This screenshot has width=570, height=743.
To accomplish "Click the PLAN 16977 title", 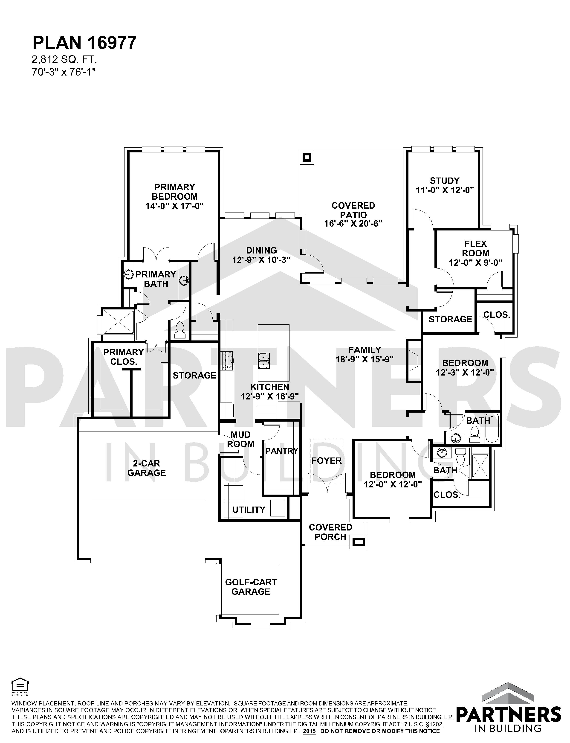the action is (84, 43).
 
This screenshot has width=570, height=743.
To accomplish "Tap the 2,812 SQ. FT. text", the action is (64, 60).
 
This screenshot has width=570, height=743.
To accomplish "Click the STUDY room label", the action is (444, 181).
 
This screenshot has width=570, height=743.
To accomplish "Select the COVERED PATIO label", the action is (353, 210).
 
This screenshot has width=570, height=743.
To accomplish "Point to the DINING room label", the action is (261, 251).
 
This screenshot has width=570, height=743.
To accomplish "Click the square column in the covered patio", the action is (307, 157).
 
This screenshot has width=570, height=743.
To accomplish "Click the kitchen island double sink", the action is (264, 361).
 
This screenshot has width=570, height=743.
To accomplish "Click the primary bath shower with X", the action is (119, 321).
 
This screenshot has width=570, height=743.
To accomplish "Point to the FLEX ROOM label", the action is (476, 248).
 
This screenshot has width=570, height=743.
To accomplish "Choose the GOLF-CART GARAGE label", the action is (251, 587).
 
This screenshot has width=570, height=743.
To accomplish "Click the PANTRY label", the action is (282, 451).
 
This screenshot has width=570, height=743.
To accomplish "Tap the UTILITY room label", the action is (249, 510).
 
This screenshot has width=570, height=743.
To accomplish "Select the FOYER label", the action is (326, 460).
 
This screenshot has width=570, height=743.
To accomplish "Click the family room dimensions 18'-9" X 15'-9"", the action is (365, 359).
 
